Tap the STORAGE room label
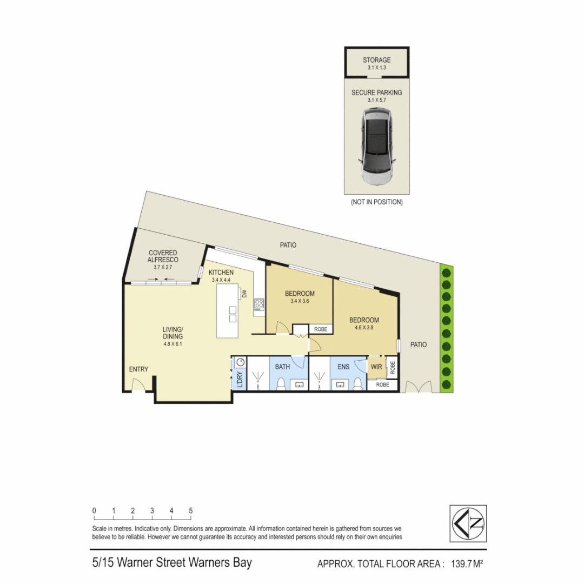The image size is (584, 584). pos(377,60)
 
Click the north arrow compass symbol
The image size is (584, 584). pos(468,523)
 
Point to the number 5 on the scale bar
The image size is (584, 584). pos(191,510)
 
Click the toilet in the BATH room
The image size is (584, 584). pos(281,384)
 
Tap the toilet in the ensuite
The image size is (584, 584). pos(357,383)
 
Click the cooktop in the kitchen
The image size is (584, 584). pos(260,304)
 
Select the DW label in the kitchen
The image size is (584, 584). pos(244,294)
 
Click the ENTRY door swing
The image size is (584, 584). pos(138,385)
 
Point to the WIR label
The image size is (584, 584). pos(376,367)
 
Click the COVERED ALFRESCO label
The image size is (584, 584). pos(163,256)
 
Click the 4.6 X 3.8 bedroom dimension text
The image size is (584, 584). pos(364,327)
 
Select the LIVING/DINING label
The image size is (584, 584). pos(173,333)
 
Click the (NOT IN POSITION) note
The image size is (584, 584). pos(377,202)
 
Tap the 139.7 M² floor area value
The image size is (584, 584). pos(463,564)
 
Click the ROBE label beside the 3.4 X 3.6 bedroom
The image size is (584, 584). pos(320,328)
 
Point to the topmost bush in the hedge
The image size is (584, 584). pos(446,270)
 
